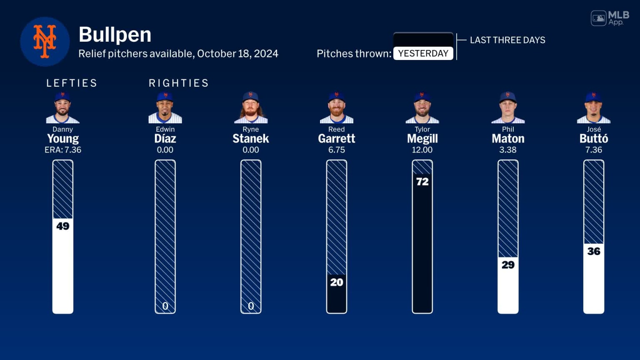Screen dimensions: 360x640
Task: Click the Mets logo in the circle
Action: [45, 41]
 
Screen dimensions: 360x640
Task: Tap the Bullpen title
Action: [115, 35]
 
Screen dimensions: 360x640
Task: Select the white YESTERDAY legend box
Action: [423, 53]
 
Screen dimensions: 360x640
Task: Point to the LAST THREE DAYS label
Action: [507, 40]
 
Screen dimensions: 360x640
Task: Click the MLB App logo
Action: [610, 18]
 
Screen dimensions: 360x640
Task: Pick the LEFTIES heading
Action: [72, 83]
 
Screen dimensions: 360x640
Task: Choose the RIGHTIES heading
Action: [179, 83]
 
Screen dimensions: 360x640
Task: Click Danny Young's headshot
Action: [62, 108]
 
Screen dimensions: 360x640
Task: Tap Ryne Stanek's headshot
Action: [251, 108]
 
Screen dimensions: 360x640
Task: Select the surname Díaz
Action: [165, 139]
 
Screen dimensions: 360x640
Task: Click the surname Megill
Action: [422, 139]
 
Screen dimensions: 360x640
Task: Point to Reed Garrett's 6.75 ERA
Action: [337, 150]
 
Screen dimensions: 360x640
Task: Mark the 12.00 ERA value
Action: [422, 150]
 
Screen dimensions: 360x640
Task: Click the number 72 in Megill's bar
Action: [422, 182]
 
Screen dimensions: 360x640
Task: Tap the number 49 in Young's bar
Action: [63, 226]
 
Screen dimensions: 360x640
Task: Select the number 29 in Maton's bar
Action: [508, 265]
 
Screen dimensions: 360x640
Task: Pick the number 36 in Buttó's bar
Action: [594, 251]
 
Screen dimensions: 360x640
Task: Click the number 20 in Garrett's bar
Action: [337, 282]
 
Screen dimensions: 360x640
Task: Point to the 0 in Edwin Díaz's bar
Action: [165, 306]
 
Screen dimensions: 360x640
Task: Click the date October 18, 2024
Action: [237, 54]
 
